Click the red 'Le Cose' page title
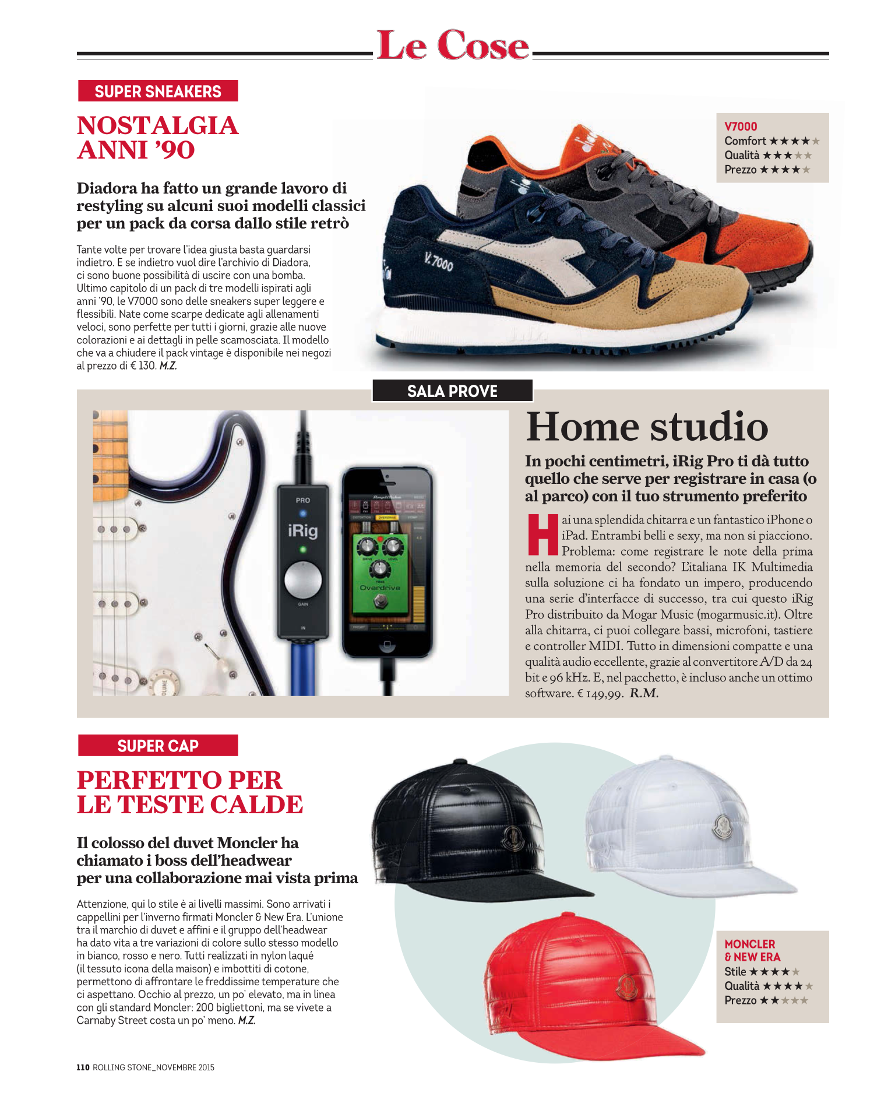453,45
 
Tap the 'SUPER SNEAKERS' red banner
158,92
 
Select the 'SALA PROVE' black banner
452,391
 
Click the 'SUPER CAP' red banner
158,746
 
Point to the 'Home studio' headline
647,427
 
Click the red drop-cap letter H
542,534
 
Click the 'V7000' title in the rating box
741,127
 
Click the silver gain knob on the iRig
303,580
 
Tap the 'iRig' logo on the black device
303,531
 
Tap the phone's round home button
386,645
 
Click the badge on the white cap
723,826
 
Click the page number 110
83,1067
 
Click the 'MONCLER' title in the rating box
750,944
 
